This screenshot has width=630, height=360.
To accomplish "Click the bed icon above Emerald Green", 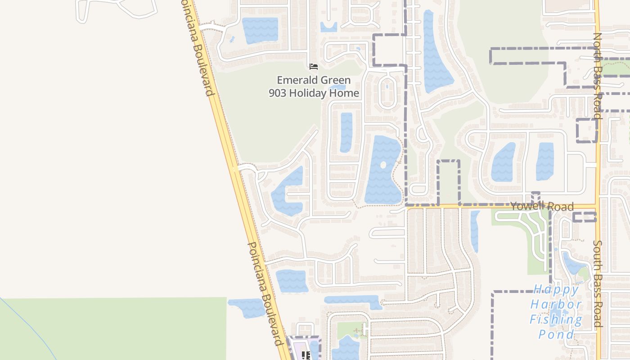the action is [314, 67].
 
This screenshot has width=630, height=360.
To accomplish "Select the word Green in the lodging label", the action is [335, 81].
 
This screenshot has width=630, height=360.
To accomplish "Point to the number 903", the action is [277, 93].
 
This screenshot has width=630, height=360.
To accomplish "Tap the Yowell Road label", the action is [542, 206].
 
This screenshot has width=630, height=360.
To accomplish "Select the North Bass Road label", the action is [597, 76].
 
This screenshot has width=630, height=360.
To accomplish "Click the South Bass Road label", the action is [597, 283].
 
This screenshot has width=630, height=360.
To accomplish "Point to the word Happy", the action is [556, 289].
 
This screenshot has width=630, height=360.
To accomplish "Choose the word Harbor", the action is [556, 305].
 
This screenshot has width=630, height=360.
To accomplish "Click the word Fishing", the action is [556, 319].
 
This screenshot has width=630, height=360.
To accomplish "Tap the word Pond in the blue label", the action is [556, 334].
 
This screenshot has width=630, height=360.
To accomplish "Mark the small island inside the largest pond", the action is [383, 165].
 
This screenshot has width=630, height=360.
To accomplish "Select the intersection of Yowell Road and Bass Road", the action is [597, 207].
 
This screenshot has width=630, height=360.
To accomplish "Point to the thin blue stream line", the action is [27, 328].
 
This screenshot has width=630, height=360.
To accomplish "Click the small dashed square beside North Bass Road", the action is [587, 130].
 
